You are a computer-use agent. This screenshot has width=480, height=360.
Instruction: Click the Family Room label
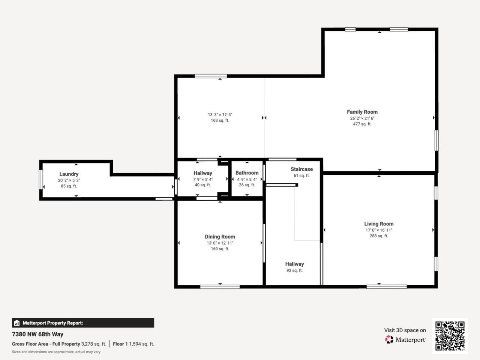[x=362, y=112]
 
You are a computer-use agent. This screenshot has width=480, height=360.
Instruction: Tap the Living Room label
[x=379, y=224]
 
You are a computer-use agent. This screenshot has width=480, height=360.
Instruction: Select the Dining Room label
[x=220, y=237]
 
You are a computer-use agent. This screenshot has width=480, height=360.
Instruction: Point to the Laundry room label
[x=69, y=174]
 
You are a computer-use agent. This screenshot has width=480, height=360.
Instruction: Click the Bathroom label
[x=247, y=173]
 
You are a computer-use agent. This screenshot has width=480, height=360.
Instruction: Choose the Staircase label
[x=301, y=169]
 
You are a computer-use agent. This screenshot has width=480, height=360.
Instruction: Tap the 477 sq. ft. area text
[x=362, y=124]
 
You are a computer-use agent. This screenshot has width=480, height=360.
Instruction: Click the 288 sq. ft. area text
[x=379, y=236]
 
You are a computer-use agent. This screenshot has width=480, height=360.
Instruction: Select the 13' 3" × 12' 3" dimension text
[x=220, y=115]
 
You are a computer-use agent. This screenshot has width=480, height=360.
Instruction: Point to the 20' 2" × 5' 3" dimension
[x=69, y=180]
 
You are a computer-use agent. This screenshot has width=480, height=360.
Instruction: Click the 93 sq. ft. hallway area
[x=294, y=270]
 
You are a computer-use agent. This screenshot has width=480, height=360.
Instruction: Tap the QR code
[x=450, y=336]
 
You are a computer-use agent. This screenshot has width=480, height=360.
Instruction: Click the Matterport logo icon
[x=389, y=340]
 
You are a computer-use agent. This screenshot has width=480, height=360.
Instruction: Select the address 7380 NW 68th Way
[x=37, y=334]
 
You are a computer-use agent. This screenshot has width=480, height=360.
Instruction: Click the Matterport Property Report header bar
[x=83, y=323]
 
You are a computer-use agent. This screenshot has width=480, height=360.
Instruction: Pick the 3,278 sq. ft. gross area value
[x=94, y=344]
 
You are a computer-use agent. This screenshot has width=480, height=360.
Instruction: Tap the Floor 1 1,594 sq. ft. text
[x=133, y=344]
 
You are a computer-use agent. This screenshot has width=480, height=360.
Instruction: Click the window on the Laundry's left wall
[x=41, y=180]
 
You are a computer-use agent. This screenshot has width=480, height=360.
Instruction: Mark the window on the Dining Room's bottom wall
[x=220, y=287]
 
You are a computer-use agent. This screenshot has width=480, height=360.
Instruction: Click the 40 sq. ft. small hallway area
[x=202, y=185]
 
